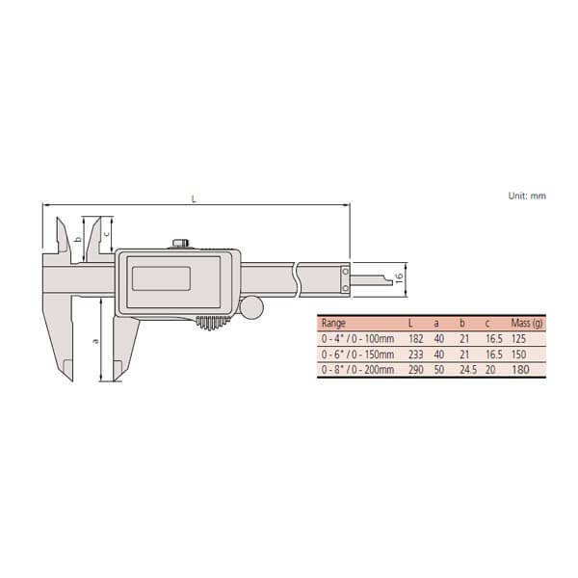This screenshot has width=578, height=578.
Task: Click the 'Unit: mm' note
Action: click(527, 196)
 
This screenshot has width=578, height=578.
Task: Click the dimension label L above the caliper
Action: click(195, 199)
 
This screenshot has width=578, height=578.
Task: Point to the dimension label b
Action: click(77, 239)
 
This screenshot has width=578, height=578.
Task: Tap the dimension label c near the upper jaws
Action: click(106, 233)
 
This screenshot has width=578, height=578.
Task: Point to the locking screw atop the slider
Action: click(178, 245)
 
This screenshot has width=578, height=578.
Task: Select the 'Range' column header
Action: click(333, 324)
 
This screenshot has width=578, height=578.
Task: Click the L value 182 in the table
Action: click(414, 339)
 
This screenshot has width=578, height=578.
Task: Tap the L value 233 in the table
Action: click(414, 354)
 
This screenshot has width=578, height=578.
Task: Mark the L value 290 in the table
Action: click(414, 368)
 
